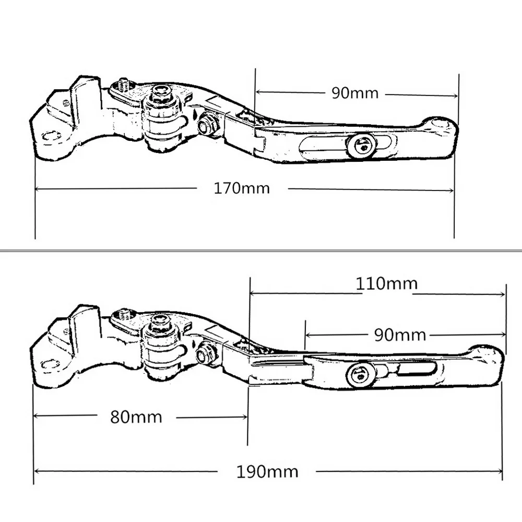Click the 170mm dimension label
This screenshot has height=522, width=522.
click(242, 188)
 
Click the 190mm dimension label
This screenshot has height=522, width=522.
click(267, 472)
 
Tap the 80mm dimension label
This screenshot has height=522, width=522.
click(136, 417)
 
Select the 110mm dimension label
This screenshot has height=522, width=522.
click(387, 283)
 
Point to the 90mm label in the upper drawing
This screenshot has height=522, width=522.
click(354, 93)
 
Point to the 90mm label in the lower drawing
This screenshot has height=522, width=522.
click(400, 335)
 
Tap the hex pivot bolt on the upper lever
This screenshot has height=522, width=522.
click(162, 94)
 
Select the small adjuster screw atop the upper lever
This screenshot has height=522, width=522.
click(124, 83)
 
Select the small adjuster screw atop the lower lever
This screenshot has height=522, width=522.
click(123, 314)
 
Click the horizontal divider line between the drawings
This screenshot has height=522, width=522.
click(261, 251)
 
